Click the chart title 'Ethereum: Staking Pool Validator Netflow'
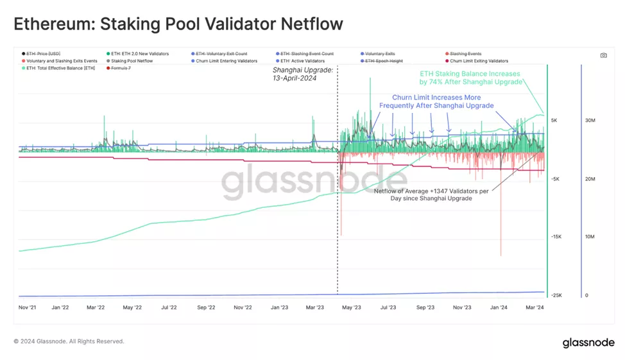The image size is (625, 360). click(x=178, y=24)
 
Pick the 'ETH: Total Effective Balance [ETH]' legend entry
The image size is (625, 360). click(x=60, y=68)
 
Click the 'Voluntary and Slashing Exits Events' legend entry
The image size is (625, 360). click(x=62, y=61)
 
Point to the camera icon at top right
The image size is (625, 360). click(x=603, y=55)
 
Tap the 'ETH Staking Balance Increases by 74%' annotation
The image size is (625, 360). click(x=471, y=78)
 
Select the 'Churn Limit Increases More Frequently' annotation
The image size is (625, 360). click(x=436, y=101)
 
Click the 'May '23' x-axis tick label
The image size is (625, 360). click(x=352, y=307)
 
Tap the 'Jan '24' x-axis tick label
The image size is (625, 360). click(x=499, y=307)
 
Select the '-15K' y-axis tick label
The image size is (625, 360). click(x=556, y=237)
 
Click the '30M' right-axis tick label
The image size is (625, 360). click(x=591, y=120)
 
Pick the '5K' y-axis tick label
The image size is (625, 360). click(x=554, y=120)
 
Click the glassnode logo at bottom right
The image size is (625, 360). click(x=588, y=343)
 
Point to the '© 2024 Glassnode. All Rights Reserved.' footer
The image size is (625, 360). click(x=69, y=341)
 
